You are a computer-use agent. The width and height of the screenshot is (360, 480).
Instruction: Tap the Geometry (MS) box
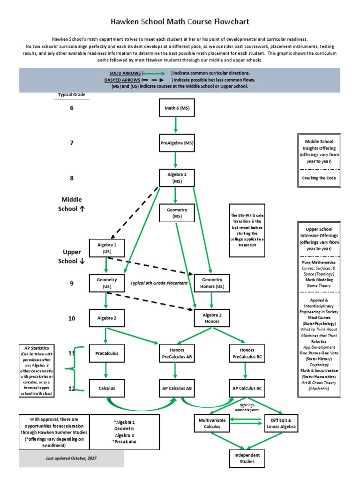click(177, 213)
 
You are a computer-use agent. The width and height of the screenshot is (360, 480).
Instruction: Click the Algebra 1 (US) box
click(106, 248)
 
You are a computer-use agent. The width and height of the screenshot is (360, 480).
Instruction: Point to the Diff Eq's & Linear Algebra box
click(282, 423)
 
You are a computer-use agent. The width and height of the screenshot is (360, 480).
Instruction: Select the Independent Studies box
click(247, 458)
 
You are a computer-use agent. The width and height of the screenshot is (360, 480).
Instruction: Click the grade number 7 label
click(72, 142)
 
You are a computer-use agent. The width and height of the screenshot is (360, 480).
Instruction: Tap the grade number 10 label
click(72, 318)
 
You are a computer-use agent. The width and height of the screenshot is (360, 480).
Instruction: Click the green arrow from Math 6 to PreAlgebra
click(176, 125)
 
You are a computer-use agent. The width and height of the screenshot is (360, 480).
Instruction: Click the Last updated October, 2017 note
click(71, 458)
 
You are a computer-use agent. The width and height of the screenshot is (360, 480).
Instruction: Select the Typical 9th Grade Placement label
click(159, 283)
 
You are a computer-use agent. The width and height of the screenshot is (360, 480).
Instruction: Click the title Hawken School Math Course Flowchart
click(180, 22)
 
